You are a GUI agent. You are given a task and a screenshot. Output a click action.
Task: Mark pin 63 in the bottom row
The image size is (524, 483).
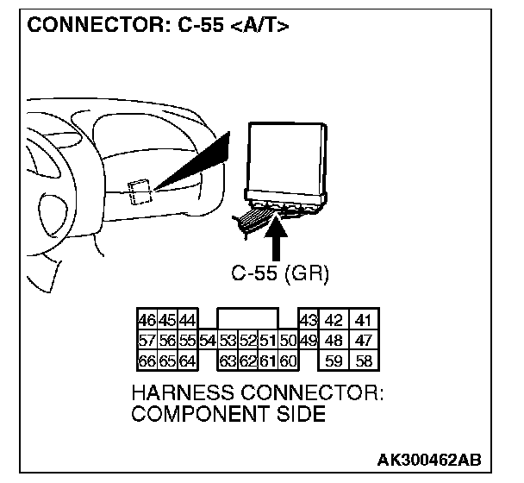pyautogui.click(x=228, y=360)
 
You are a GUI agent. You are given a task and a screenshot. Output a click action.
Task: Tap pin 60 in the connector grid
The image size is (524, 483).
pyautogui.click(x=288, y=360)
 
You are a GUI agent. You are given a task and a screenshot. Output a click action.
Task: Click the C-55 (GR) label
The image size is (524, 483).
pyautogui.click(x=281, y=273)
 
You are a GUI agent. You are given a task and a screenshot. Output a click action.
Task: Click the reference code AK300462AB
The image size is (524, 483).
pyautogui.click(x=429, y=457)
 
